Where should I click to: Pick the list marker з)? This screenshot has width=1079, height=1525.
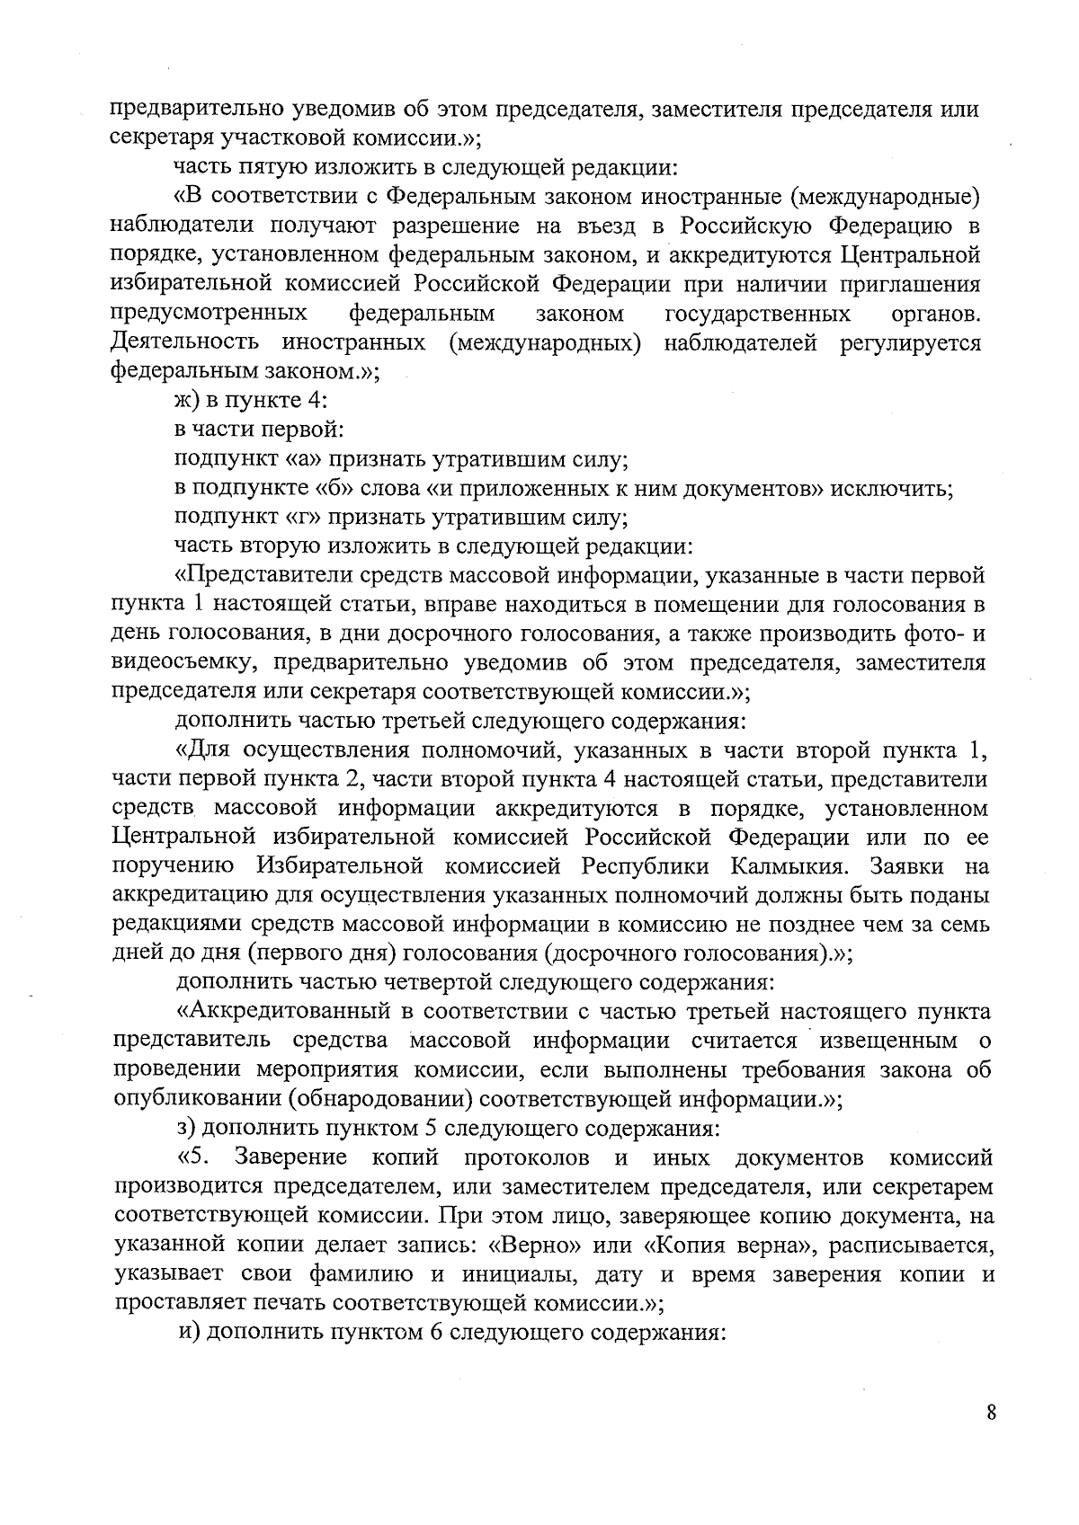[x=188, y=1128]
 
